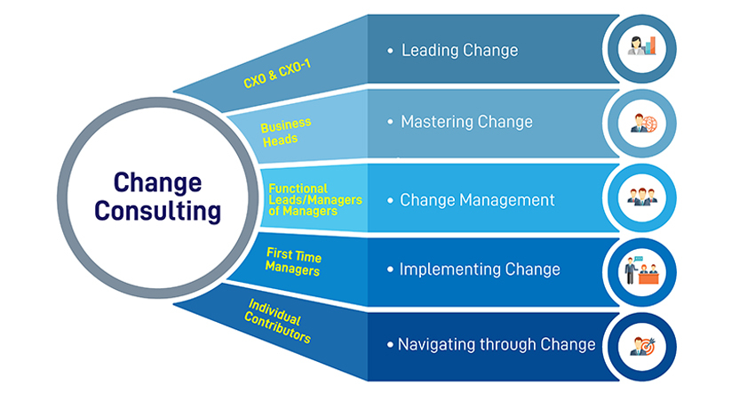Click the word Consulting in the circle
pyautogui.click(x=157, y=211)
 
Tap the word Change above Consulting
pyautogui.click(x=157, y=183)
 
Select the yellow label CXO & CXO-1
pyautogui.click(x=277, y=74)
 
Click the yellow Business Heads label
pyautogui.click(x=285, y=133)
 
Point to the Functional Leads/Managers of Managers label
pyautogui.click(x=315, y=199)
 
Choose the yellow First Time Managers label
pyautogui.click(x=293, y=261)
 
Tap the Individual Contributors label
pyautogui.click(x=278, y=321)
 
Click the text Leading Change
pyautogui.click(x=460, y=50)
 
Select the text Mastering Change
pyautogui.click(x=466, y=122)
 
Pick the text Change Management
pyautogui.click(x=477, y=199)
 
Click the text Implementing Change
pyautogui.click(x=480, y=269)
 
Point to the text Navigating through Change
pyautogui.click(x=497, y=344)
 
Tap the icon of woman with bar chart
pyautogui.click(x=642, y=46)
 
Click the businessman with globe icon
pyautogui.click(x=643, y=123)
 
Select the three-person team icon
pyautogui.click(x=642, y=197)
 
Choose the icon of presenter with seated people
pyautogui.click(x=641, y=270)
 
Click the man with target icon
pyautogui.click(x=643, y=346)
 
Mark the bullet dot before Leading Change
pyautogui.click(x=390, y=50)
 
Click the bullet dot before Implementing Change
pyautogui.click(x=390, y=269)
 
